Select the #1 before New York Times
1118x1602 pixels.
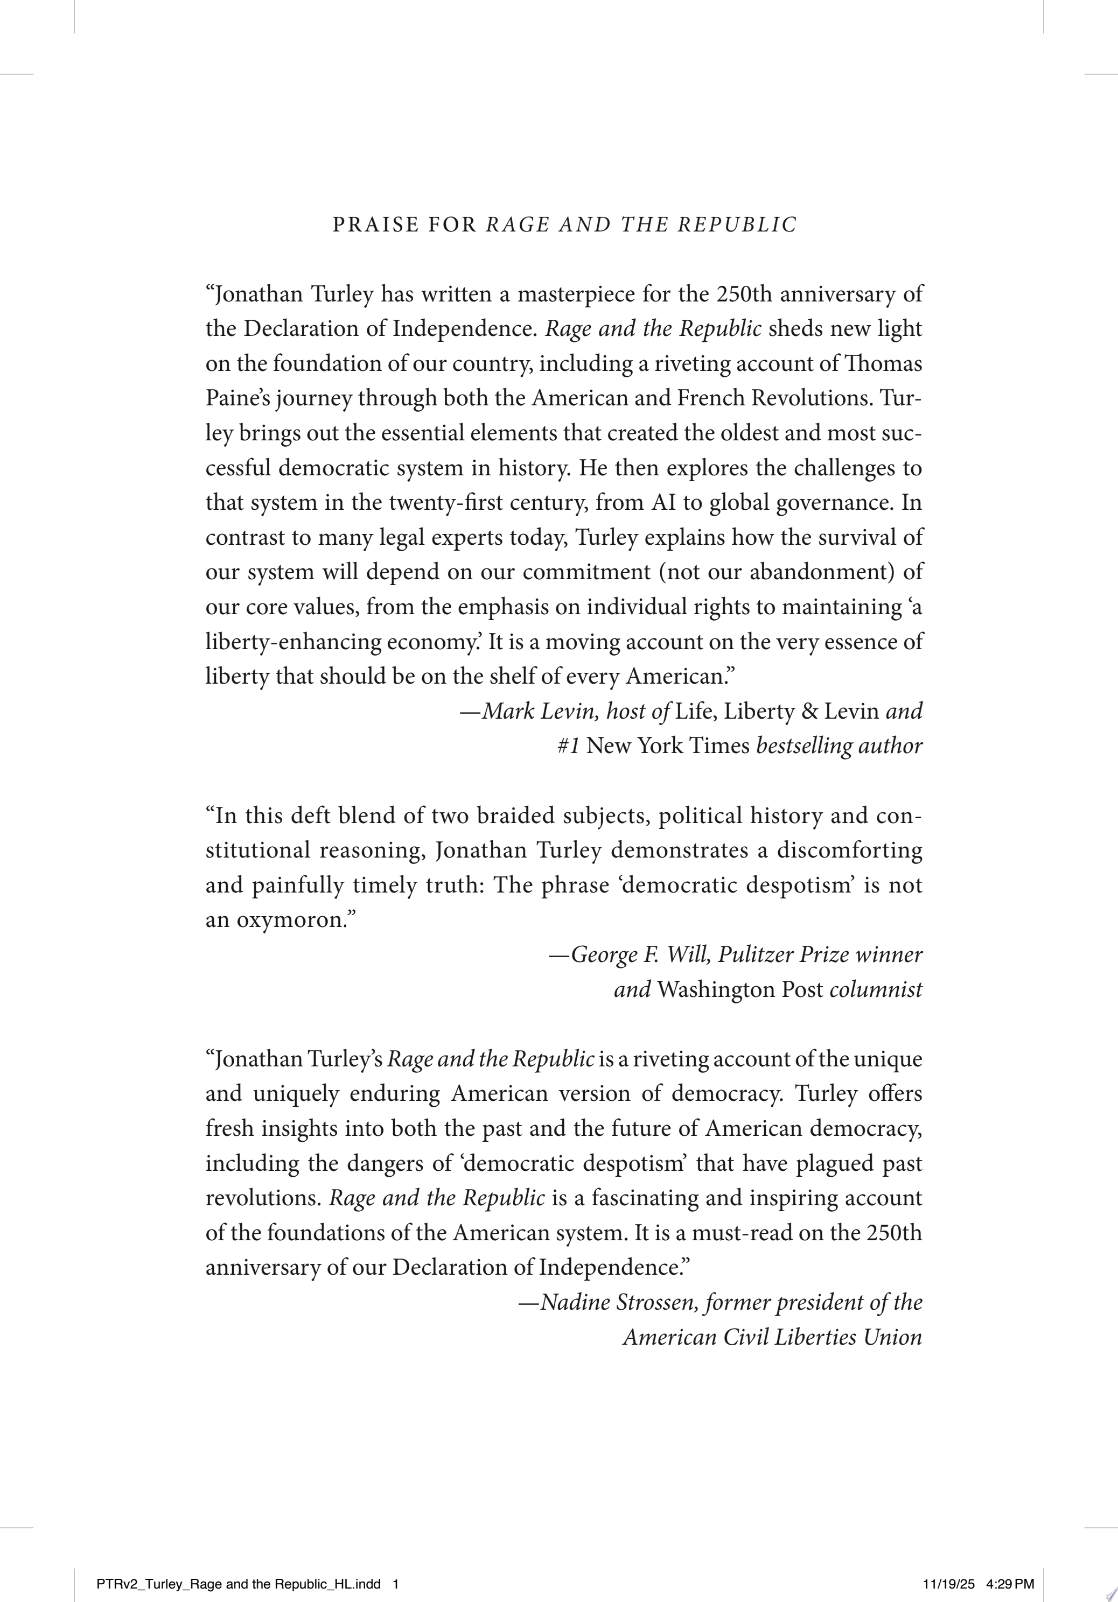click(x=568, y=746)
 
